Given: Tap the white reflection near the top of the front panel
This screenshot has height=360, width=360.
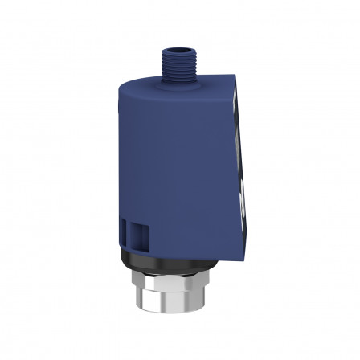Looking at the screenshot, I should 235,112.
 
